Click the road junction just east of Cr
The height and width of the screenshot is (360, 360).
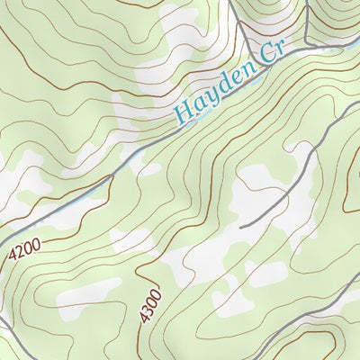point(307,41)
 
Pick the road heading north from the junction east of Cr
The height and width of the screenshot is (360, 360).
point(306,18)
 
